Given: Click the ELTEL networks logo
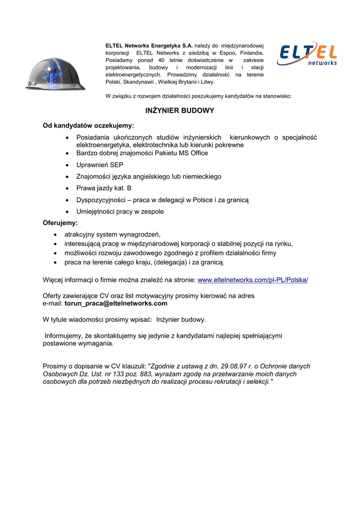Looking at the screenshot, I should pyautogui.click(x=307, y=54).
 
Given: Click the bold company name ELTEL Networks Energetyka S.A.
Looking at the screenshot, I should pyautogui.click(x=149, y=46).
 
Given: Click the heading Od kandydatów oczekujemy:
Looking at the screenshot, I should pyautogui.click(x=88, y=126).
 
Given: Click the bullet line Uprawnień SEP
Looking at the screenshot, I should pyautogui.click(x=100, y=165).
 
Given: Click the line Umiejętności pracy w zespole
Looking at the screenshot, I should pyautogui.click(x=120, y=212).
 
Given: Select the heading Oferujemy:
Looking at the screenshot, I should pyautogui.click(x=60, y=223).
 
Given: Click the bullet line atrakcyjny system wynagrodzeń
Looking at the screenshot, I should pyautogui.click(x=113, y=234).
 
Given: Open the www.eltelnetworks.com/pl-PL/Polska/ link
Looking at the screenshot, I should pyautogui.click(x=253, y=280).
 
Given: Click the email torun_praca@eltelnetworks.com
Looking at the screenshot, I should pyautogui.click(x=116, y=304).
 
